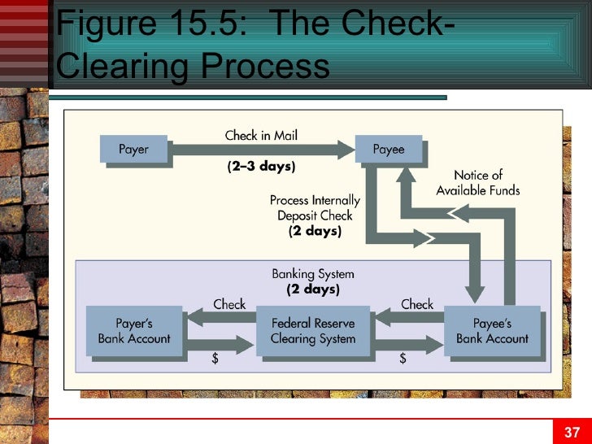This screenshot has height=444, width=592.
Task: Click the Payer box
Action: point(133,150)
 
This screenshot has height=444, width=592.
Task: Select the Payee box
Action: point(389,150)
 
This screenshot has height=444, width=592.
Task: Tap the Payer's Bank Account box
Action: point(133,331)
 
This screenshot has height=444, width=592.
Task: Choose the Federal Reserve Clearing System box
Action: point(312,331)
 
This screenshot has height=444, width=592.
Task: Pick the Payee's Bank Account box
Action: point(491,331)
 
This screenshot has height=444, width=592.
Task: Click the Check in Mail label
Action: point(261,135)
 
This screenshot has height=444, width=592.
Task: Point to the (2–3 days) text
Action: point(261,167)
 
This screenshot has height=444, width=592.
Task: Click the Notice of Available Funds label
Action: point(477,183)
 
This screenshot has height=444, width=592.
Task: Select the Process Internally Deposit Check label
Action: point(315,215)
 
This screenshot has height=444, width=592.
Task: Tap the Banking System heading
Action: point(313,274)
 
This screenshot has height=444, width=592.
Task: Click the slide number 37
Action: point(572,432)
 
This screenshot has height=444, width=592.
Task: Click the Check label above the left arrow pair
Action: point(229,304)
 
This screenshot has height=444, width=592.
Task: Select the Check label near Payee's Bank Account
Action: point(417,304)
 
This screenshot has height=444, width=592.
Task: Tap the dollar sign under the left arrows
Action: point(215,359)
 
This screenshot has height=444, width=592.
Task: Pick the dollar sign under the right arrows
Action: point(403,359)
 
